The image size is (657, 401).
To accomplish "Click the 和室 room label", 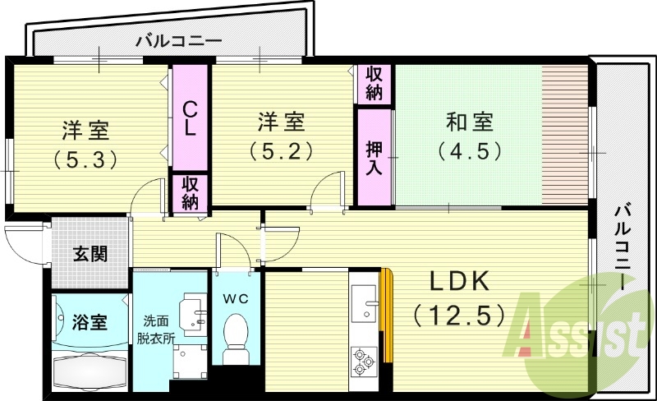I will tap(469, 122).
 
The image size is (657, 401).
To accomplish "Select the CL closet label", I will tap(190, 119).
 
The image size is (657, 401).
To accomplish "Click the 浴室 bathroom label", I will tap(90, 321).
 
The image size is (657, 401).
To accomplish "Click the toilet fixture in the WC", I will tap(237, 334).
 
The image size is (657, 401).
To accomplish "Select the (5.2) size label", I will tap(281, 150).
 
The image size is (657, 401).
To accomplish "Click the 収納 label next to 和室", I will tap(374, 84).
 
